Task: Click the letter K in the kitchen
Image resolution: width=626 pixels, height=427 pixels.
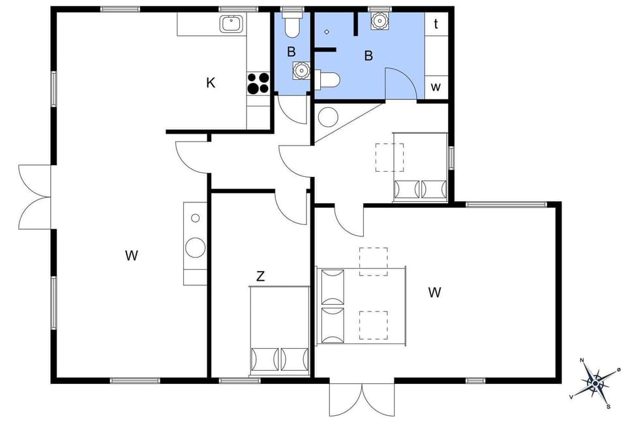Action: click(211, 83)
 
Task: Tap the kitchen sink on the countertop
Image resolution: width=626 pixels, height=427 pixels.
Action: click(231, 24)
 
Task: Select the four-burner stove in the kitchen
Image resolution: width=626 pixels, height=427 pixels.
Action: click(258, 83)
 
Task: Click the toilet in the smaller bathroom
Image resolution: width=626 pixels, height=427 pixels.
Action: click(291, 25)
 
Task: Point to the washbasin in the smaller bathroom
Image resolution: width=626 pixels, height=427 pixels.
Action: click(300, 70)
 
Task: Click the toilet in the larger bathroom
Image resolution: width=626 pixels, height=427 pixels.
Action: click(330, 80)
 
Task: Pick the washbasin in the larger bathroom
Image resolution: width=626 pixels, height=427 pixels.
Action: click(378, 21)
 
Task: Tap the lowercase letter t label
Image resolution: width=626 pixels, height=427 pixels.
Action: click(436, 24)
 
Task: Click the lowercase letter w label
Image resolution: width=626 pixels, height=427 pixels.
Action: click(436, 87)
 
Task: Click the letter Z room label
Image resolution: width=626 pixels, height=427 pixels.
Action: click(260, 277)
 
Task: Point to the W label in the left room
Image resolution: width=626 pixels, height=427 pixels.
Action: click(132, 255)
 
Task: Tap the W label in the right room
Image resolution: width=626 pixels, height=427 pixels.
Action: click(434, 293)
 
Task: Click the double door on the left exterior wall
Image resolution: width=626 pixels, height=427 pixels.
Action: click(34, 197)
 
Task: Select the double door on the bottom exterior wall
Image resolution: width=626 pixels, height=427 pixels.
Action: click(361, 398)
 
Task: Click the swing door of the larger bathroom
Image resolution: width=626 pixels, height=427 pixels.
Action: click(400, 84)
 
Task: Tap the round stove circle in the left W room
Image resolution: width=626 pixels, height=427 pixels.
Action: click(195, 247)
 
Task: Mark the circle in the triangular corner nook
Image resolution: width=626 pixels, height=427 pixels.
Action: click(328, 117)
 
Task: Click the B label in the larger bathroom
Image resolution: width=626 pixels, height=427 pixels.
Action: click(368, 56)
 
